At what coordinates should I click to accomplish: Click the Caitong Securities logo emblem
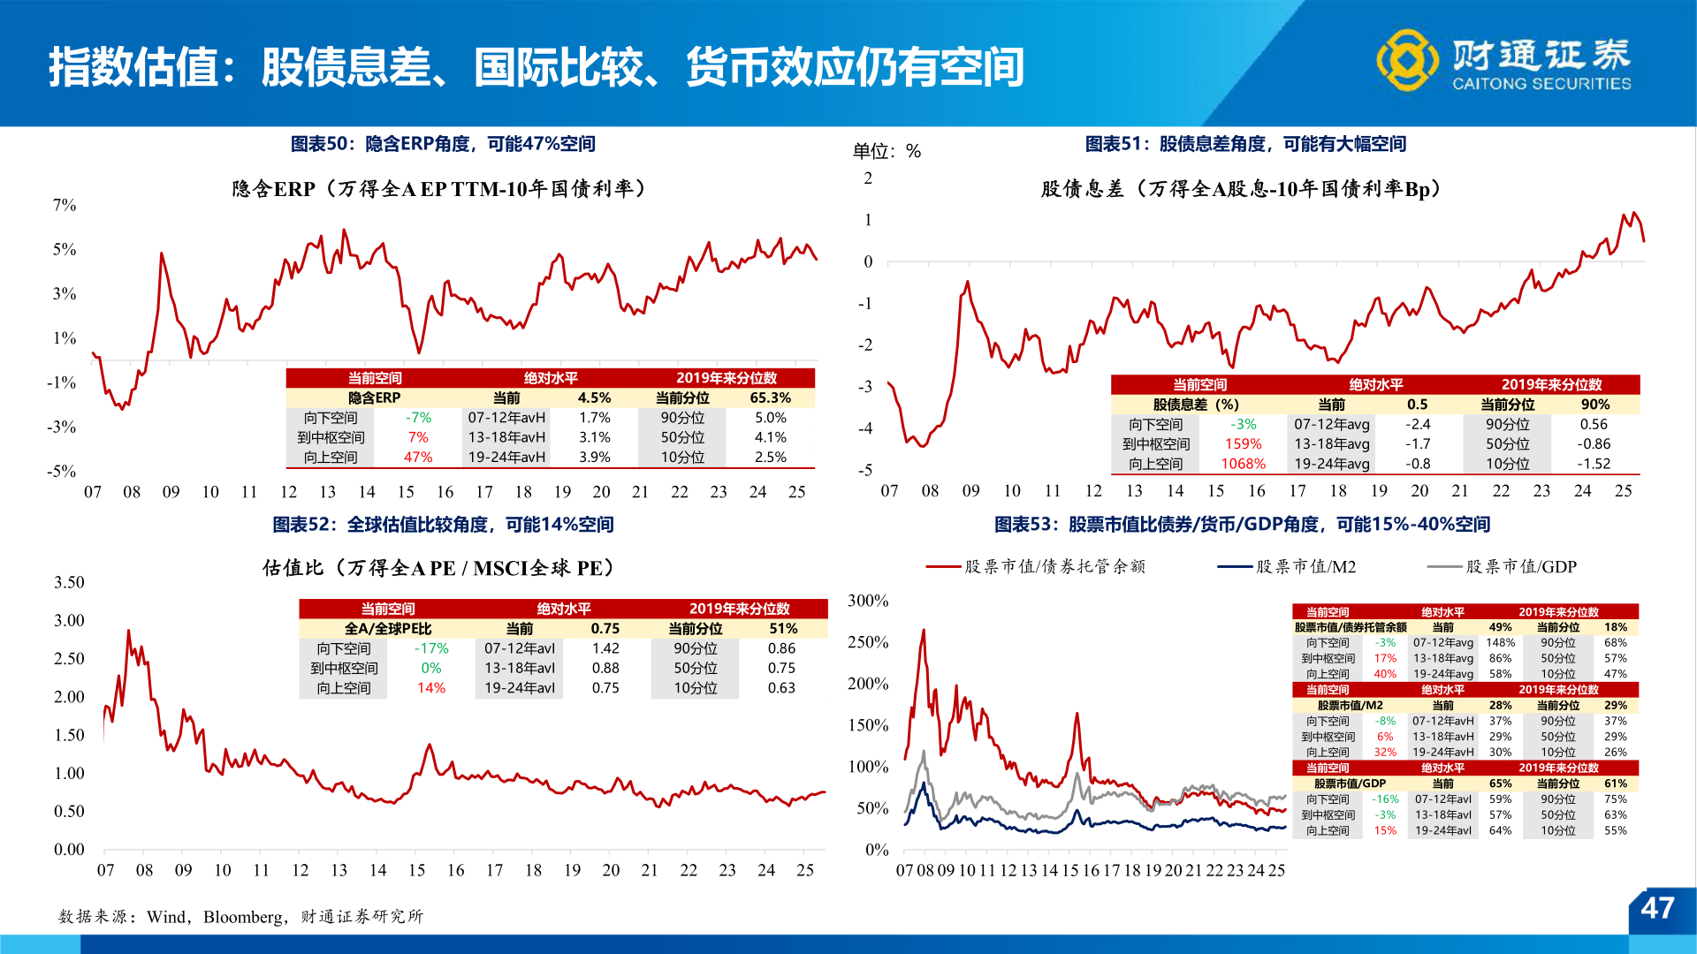1407,60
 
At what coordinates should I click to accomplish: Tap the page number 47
1657,908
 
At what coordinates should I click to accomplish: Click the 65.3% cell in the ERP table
770,398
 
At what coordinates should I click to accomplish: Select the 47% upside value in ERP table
418,458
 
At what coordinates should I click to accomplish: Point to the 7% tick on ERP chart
65,206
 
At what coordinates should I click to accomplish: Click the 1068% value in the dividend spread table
1243,464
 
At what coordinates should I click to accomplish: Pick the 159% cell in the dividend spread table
1243,444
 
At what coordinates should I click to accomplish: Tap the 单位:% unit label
887,151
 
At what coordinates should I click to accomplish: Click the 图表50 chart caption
443,144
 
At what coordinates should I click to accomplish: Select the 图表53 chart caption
1242,525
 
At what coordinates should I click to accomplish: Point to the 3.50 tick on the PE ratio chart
69,583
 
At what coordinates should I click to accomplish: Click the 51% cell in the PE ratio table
783,629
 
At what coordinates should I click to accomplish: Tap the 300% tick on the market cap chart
867,602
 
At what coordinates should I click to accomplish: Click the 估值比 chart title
438,568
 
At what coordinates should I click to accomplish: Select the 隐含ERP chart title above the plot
439,189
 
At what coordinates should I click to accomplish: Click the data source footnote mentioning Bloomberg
241,917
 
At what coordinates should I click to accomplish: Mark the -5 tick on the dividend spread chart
867,471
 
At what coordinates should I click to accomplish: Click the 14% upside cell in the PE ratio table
431,688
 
